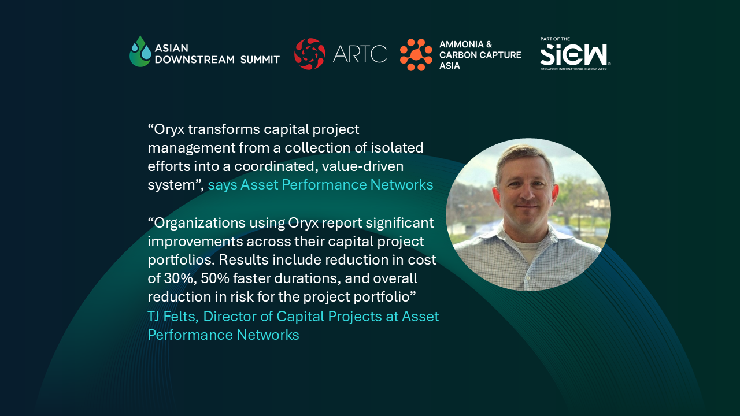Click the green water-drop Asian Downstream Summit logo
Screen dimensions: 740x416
pos(140,51)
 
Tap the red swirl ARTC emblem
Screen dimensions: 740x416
pos(309,54)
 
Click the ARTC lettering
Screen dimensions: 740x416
pos(360,54)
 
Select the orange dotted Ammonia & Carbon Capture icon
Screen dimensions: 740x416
pos(416,54)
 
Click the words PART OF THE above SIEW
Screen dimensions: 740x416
pos(555,39)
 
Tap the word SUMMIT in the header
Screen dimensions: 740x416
pos(260,60)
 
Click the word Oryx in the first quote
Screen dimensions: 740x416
pos(169,130)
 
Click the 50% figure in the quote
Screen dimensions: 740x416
pos(214,278)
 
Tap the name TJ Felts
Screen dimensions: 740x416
pos(173,316)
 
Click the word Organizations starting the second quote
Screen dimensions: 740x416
pos(199,223)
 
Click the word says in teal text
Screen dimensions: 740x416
pos(223,185)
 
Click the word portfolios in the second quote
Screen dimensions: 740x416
pos(182,260)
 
